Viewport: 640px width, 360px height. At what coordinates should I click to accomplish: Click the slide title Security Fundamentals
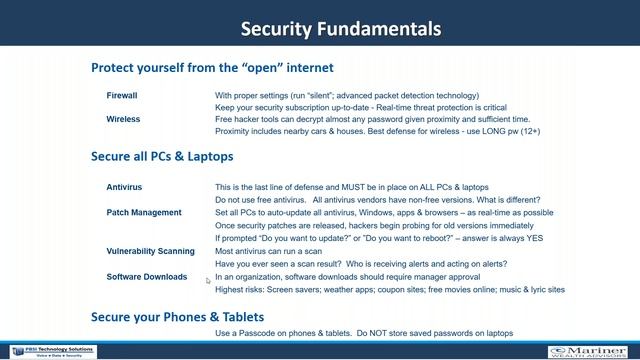(340, 27)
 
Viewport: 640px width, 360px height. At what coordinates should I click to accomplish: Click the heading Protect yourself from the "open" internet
(212, 69)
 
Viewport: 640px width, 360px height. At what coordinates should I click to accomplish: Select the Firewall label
(122, 96)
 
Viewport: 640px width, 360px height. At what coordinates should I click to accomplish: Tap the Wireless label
(123, 119)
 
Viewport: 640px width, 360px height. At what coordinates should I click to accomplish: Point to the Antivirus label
(125, 187)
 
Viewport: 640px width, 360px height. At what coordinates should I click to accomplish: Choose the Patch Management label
(144, 212)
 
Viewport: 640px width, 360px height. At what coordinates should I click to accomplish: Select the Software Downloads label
(147, 277)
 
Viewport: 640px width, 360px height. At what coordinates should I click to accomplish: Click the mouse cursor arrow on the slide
(209, 281)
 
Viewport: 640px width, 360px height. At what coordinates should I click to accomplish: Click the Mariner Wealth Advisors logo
(590, 352)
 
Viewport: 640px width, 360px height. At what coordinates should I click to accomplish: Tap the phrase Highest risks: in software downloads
(242, 289)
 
